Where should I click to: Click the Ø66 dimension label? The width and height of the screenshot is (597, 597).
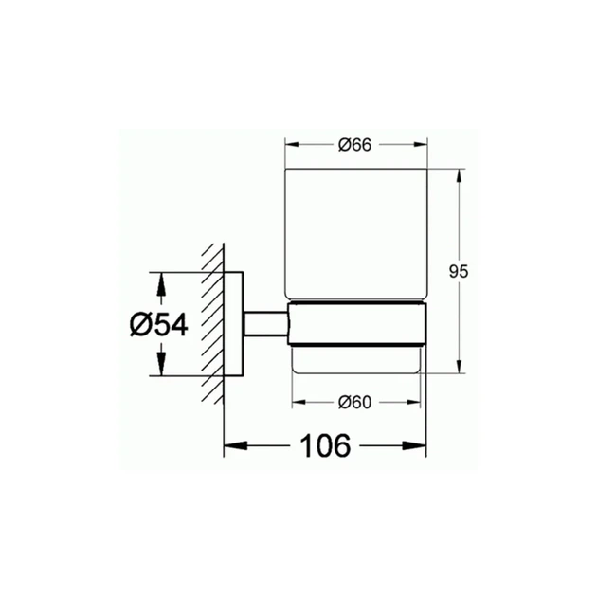click(354, 145)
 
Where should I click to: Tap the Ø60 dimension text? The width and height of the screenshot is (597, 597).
click(354, 403)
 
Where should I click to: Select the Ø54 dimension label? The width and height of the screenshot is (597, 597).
click(159, 325)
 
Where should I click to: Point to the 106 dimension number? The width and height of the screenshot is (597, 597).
click(325, 445)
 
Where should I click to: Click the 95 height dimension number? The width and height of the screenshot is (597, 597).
click(459, 272)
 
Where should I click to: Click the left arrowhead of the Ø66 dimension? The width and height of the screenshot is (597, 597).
click(292, 145)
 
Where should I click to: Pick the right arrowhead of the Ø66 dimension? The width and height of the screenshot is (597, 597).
click(421, 145)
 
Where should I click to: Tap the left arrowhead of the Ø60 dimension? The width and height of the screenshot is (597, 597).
click(298, 403)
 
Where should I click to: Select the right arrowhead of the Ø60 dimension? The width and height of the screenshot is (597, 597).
click(414, 403)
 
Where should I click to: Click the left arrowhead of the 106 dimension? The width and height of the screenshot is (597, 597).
click(236, 445)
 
